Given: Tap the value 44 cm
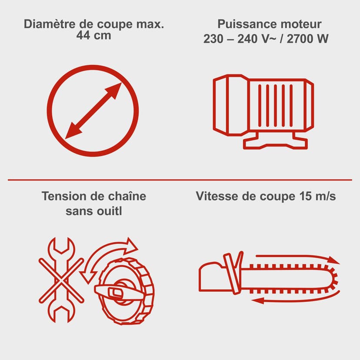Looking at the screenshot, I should tap(93, 36).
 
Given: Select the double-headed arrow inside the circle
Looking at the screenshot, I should tap(93, 110).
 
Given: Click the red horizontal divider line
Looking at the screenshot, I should tap(180, 179).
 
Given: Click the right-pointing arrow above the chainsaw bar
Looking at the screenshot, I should tap(296, 258).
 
